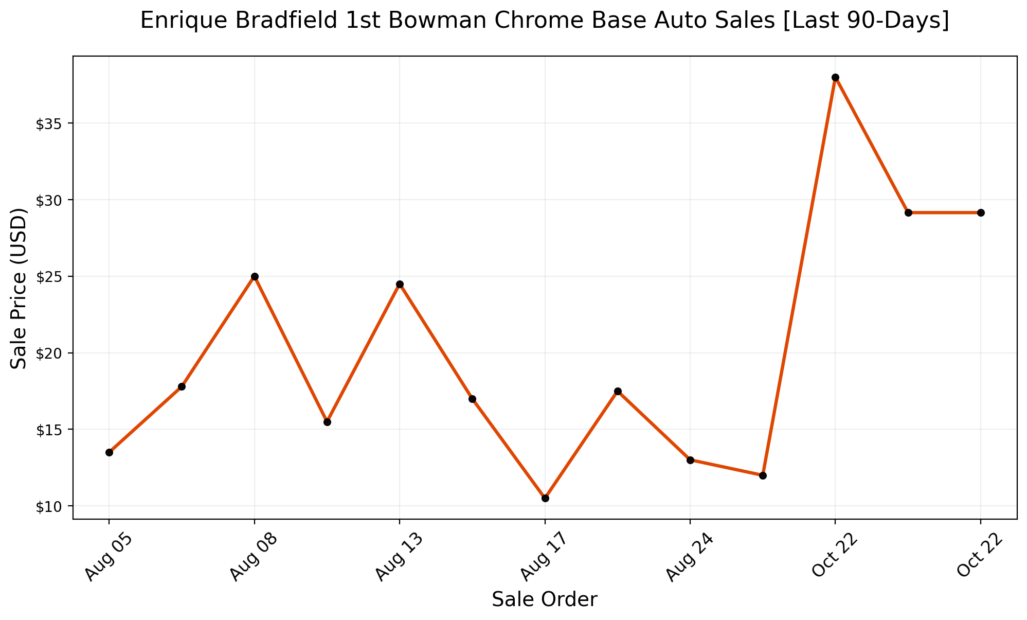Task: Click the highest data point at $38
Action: click(x=835, y=78)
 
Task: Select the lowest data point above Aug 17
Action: click(x=545, y=498)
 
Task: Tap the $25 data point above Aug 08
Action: click(x=255, y=276)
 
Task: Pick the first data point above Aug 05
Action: click(x=109, y=452)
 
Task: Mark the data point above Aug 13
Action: click(x=400, y=284)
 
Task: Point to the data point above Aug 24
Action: click(x=690, y=460)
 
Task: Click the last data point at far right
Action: click(x=981, y=212)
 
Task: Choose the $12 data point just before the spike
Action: click(x=763, y=475)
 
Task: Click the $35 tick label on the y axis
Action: click(x=48, y=124)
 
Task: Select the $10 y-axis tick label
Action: click(x=48, y=506)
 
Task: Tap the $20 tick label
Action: click(x=48, y=353)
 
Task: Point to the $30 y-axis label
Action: click(x=48, y=200)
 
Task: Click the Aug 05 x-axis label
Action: click(x=109, y=557)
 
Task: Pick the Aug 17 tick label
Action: click(x=544, y=557)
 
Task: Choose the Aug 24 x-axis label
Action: click(x=689, y=557)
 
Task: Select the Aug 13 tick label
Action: click(x=399, y=557)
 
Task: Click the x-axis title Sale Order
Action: click(x=545, y=600)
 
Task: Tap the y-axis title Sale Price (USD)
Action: click(x=19, y=288)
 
